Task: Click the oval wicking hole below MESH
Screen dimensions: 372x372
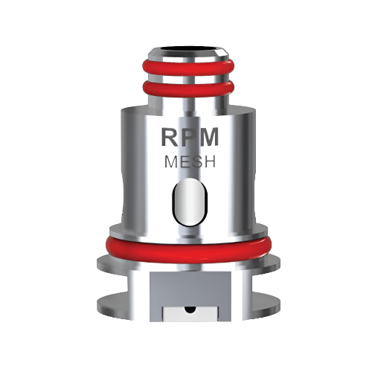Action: coord(185,203)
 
